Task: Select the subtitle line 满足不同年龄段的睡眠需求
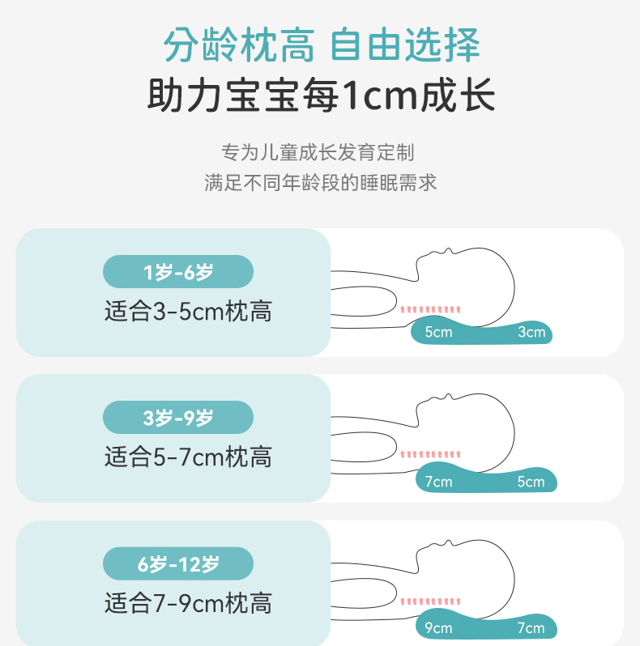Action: (320, 182)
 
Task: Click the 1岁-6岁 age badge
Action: (178, 272)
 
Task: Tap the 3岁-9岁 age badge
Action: (178, 418)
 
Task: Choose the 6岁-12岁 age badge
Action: (178, 564)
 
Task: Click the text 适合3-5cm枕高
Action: (188, 312)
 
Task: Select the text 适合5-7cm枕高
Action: (188, 457)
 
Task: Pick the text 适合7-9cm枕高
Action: (188, 603)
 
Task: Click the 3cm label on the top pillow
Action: (531, 332)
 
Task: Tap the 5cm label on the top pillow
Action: (438, 332)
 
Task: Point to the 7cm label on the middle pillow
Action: (438, 482)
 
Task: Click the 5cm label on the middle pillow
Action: (531, 482)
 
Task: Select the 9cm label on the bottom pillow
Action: (438, 627)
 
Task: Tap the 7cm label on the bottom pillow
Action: (531, 627)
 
